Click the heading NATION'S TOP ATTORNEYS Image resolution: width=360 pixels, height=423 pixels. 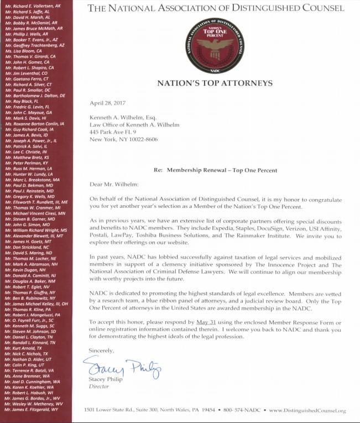pos(215,83)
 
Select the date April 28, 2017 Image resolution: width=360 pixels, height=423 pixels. pos(107,103)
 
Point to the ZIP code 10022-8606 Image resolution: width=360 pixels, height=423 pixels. pos(144,139)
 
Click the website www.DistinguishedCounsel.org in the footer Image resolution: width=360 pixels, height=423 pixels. pos(307,411)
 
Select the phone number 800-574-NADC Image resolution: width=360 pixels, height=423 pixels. pos(241,411)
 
